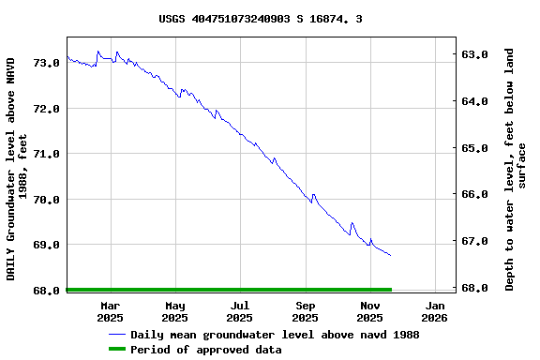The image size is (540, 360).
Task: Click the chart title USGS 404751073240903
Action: coord(261,19)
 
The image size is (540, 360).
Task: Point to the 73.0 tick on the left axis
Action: coord(47,63)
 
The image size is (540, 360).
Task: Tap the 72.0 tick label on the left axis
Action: coord(47,109)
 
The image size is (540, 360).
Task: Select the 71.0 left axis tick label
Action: coord(47,154)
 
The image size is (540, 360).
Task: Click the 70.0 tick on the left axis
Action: coord(47,200)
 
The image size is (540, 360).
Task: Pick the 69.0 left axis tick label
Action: coord(47,245)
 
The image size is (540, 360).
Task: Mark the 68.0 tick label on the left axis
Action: coord(47,291)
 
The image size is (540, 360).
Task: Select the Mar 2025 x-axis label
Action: coord(111,311)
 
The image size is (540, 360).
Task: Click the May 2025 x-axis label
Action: coord(175,311)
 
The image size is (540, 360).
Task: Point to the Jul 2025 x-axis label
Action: coord(240,311)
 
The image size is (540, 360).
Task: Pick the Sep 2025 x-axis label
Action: coord(306,311)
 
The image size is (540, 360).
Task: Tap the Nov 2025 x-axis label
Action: coord(370,311)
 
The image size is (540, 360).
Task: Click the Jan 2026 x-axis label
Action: coord(435,311)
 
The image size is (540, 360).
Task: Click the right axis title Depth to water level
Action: coord(516,169)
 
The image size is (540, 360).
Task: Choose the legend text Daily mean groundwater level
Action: coord(275,335)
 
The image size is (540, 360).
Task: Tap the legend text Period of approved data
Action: coord(205,350)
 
